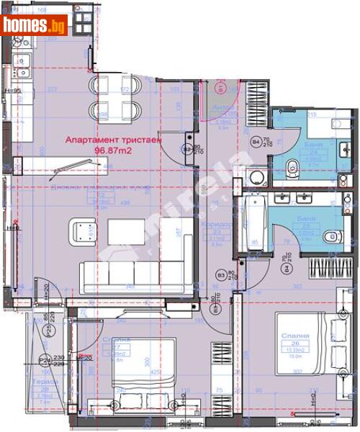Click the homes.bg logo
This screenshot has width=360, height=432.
click(34, 27)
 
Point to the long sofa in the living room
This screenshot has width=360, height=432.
click(130, 275)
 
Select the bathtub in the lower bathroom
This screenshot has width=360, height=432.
click(251, 220)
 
